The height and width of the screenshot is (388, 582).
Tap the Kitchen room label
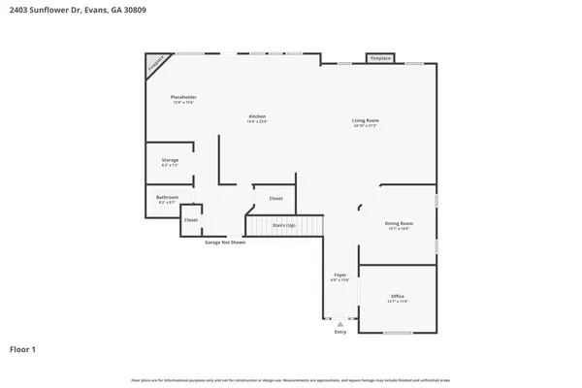[x=256, y=116]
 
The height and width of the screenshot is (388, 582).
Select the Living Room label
[x=365, y=121]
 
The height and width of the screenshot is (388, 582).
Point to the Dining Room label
[x=399, y=224]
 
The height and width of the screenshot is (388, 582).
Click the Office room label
[x=398, y=296]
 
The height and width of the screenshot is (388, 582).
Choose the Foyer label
[x=340, y=275]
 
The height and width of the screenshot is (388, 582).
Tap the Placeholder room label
[x=184, y=97]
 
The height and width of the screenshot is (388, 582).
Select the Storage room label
[x=169, y=160]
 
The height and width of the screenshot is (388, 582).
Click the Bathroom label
[x=167, y=197]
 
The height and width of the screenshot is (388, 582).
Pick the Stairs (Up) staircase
[x=283, y=226]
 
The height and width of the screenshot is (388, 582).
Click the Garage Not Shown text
[x=224, y=242]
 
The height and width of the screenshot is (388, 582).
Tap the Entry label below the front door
[x=340, y=332]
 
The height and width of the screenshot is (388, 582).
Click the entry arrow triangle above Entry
[x=340, y=324]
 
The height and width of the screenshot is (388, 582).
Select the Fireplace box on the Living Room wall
[x=380, y=58]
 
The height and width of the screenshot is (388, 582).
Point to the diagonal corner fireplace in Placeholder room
[x=155, y=64]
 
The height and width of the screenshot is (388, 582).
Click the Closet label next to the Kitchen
[x=275, y=198]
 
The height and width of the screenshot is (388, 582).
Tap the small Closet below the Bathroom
[x=191, y=220]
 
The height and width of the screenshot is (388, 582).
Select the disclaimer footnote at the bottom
[x=291, y=379]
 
